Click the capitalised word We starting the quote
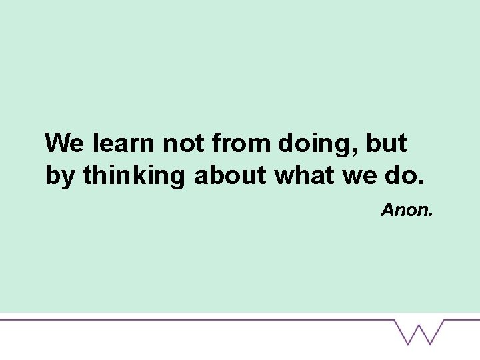tap(65, 143)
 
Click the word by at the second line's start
tap(59, 176)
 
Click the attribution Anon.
tap(407, 211)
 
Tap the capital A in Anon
tap(388, 211)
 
